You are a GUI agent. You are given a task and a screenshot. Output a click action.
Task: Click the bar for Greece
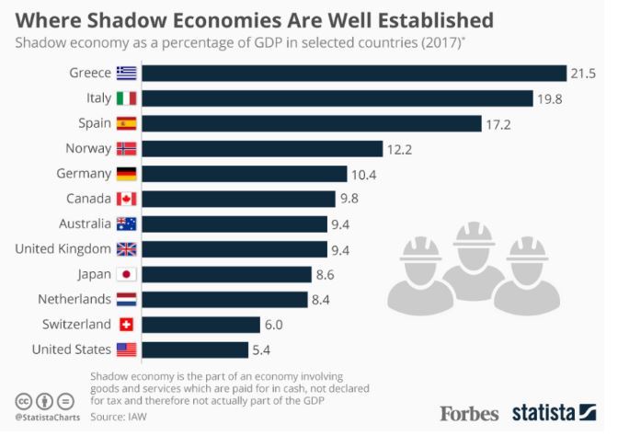(x=354, y=74)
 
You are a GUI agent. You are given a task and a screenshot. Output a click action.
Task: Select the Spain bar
(x=312, y=124)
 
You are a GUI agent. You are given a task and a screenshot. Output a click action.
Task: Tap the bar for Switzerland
(x=201, y=325)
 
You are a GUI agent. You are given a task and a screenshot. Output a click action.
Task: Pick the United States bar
(x=195, y=350)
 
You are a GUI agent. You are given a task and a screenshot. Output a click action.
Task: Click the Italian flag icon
(x=127, y=98)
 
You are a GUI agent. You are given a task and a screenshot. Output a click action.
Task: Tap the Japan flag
(x=127, y=274)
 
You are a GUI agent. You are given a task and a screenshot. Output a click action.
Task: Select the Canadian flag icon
(x=127, y=199)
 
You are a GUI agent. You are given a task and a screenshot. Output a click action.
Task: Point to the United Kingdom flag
(x=127, y=249)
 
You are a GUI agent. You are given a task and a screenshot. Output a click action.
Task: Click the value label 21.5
(x=583, y=74)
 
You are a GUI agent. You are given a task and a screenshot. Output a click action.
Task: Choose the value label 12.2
(x=399, y=149)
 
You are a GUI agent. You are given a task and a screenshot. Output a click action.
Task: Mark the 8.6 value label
(x=326, y=275)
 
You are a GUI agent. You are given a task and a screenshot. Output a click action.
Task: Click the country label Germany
(x=84, y=174)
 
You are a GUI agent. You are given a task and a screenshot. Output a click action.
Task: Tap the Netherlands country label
(x=74, y=299)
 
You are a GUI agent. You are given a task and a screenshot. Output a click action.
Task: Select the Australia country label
(x=86, y=223)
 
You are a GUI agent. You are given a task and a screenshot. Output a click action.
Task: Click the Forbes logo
(x=469, y=414)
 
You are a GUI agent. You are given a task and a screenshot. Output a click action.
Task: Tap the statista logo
(x=555, y=413)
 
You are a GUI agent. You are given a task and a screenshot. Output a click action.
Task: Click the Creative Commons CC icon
(x=24, y=402)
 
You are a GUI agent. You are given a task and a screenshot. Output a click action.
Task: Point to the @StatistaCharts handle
(x=47, y=418)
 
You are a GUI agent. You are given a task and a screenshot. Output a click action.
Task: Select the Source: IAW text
(x=119, y=417)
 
